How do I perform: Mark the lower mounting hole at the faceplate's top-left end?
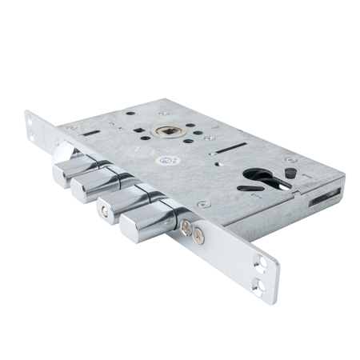[35, 128]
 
